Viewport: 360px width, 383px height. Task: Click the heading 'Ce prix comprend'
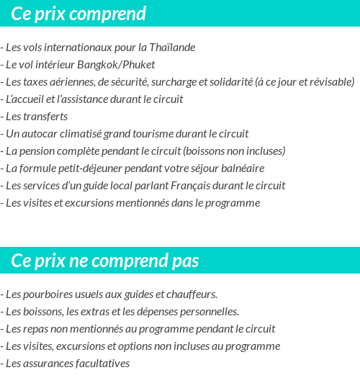[78, 14]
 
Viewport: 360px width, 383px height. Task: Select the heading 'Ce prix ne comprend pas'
[105, 261]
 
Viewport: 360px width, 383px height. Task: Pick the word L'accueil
[23, 99]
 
